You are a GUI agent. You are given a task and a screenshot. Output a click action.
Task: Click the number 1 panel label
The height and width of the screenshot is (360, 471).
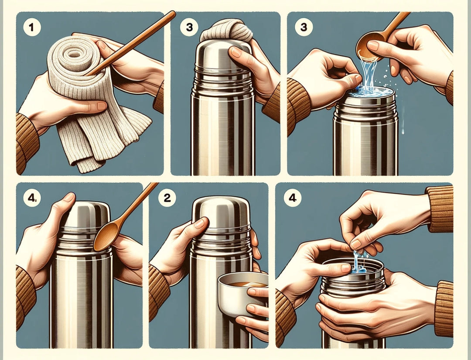(31, 27)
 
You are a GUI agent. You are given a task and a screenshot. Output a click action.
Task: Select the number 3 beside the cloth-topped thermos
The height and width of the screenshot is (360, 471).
(189, 27)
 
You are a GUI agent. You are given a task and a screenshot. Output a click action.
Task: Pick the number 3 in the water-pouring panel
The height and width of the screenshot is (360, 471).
(304, 27)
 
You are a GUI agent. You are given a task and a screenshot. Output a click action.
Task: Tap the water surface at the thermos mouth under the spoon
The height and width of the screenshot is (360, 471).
(371, 91)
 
